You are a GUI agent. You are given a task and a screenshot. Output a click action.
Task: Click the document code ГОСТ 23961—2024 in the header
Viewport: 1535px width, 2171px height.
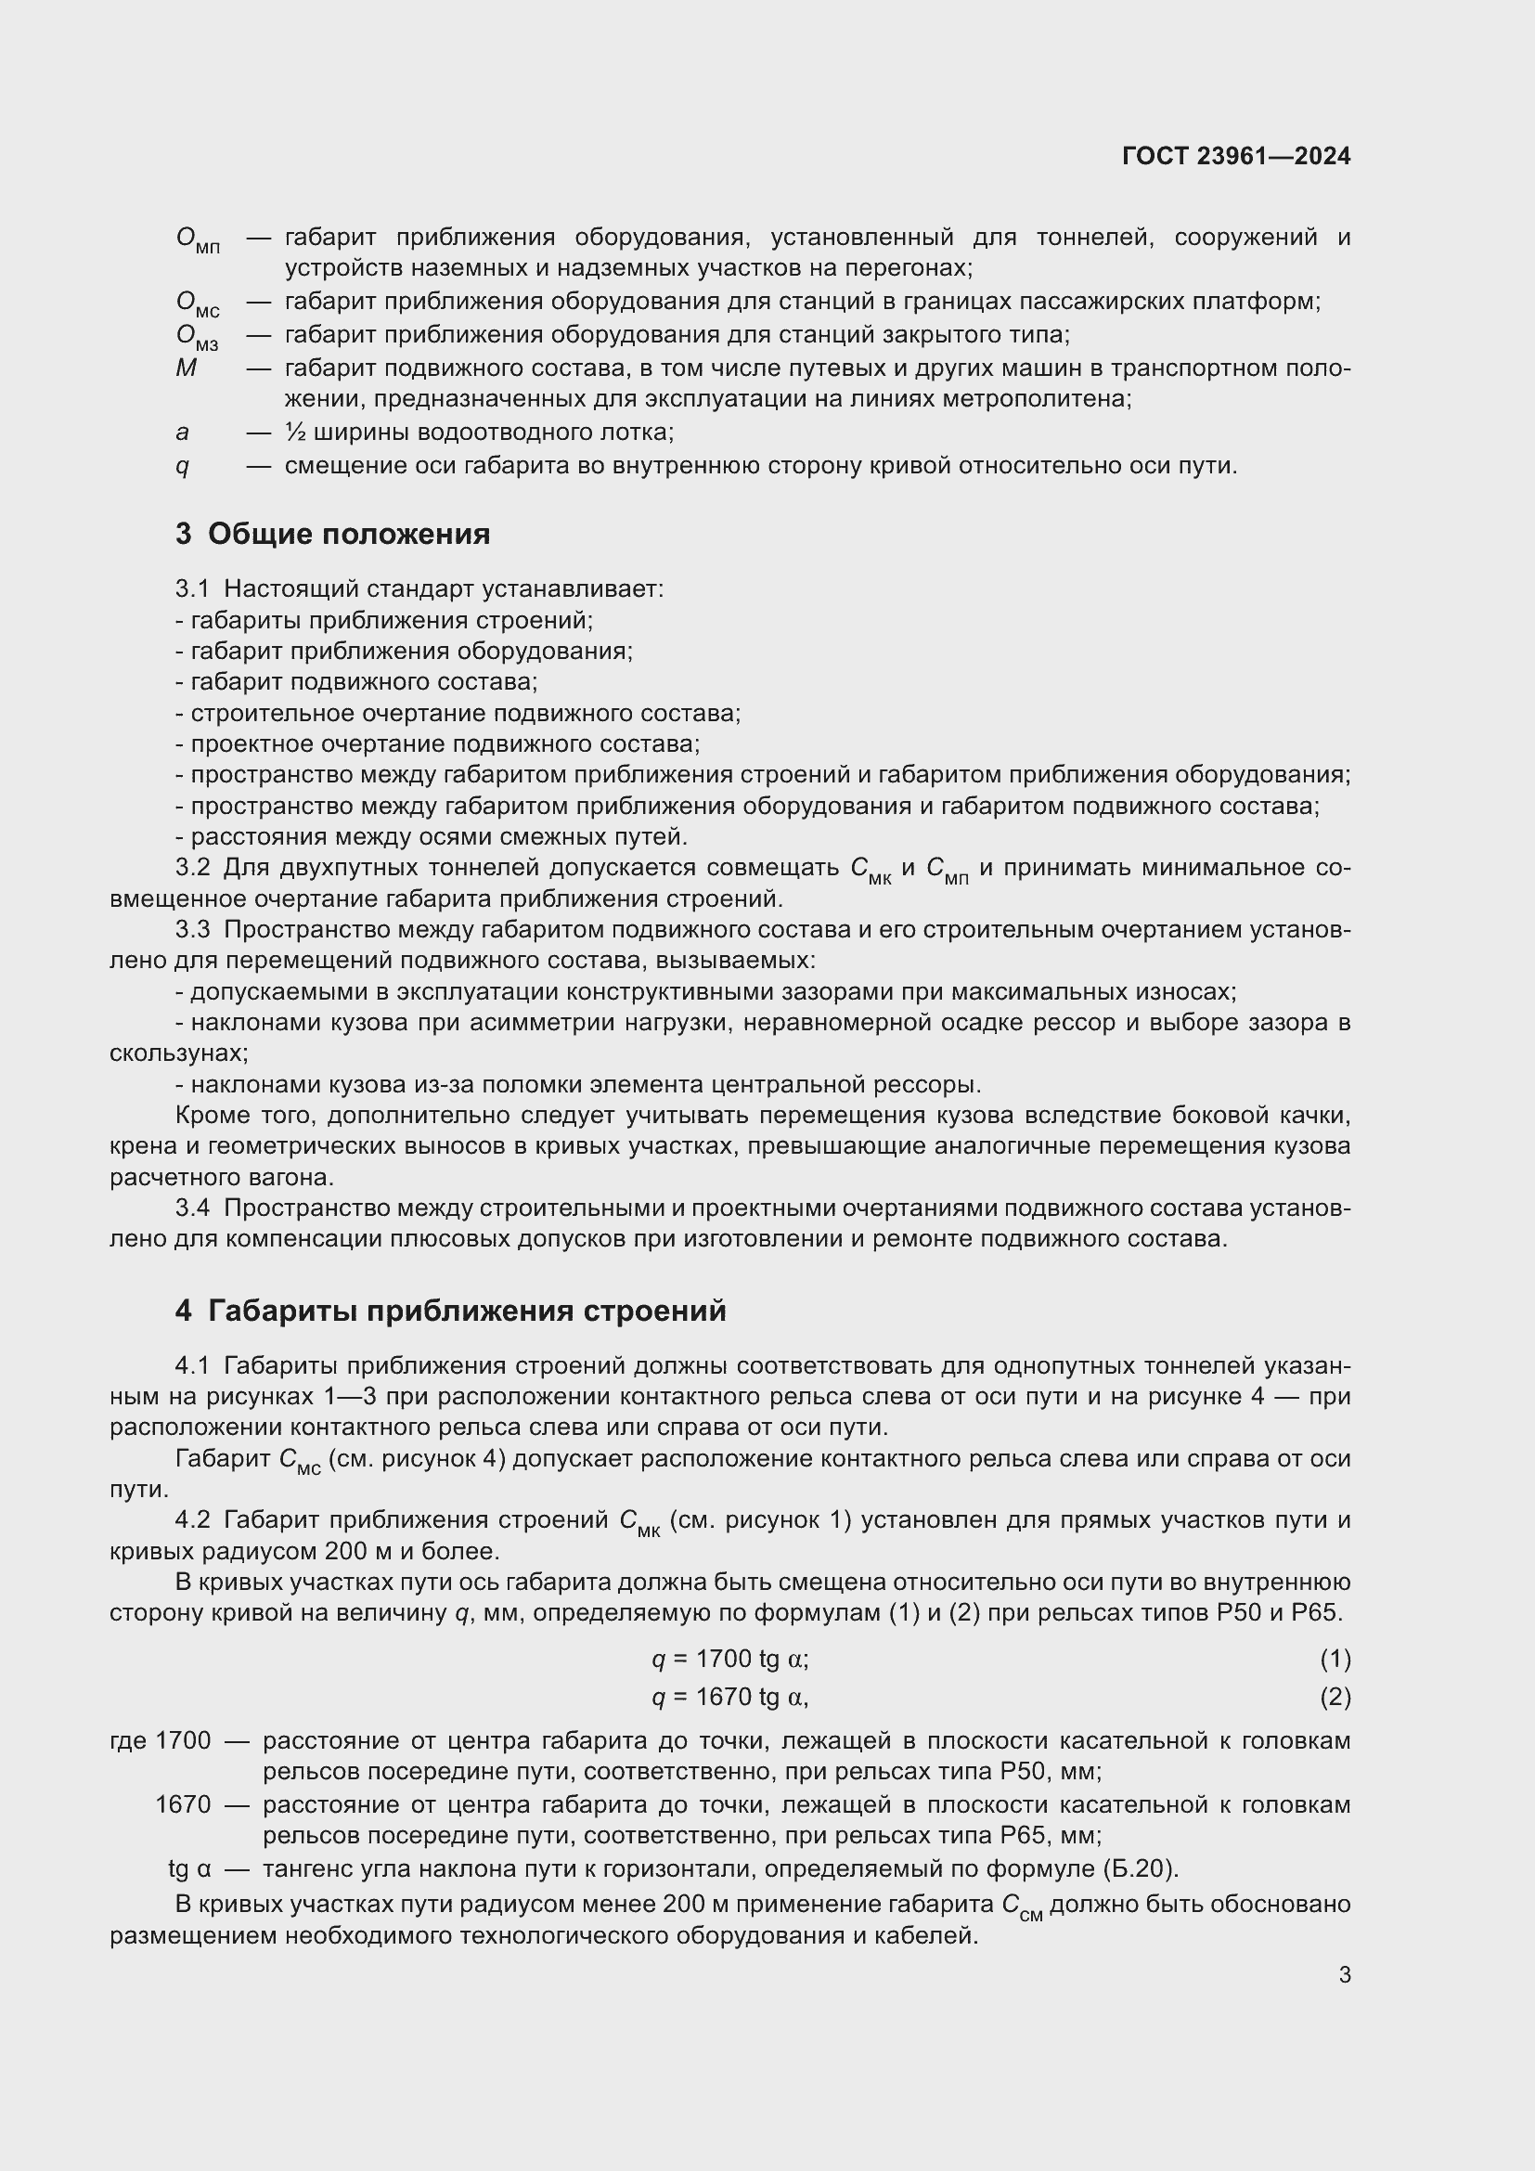click(x=1235, y=156)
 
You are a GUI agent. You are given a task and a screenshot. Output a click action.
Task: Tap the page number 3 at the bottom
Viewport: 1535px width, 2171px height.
click(x=1344, y=1975)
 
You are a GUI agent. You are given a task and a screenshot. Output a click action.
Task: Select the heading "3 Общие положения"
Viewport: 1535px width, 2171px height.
click(x=333, y=535)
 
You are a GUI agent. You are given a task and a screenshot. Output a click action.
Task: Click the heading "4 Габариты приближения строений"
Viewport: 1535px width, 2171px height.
click(x=451, y=1312)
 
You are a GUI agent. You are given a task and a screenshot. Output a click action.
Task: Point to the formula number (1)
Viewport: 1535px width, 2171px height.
click(x=1335, y=1659)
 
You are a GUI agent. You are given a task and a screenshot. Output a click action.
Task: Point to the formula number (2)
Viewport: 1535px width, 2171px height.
click(x=1335, y=1698)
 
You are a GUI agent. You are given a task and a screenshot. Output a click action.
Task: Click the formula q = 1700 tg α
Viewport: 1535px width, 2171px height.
click(x=729, y=1659)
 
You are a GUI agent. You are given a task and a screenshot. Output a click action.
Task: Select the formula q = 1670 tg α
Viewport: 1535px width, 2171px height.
click(x=729, y=1698)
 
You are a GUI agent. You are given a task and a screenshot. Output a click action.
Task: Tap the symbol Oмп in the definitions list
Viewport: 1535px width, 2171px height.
click(x=198, y=240)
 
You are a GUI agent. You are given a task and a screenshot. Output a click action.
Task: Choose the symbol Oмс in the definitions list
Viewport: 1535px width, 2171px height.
click(x=198, y=304)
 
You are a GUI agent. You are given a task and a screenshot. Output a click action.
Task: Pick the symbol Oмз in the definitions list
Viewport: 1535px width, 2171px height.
click(x=197, y=338)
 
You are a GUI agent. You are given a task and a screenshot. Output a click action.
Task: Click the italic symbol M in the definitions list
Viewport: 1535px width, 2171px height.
click(x=187, y=368)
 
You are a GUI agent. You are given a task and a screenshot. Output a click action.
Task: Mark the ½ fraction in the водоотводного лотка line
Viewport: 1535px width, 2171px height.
click(x=293, y=433)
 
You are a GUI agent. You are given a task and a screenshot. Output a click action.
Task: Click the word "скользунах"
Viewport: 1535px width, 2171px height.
click(x=178, y=1053)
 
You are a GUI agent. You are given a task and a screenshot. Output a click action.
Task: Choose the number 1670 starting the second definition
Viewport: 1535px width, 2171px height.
click(x=183, y=1805)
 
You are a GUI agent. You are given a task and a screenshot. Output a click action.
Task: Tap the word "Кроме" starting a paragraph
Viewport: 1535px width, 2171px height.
click(x=212, y=1116)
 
